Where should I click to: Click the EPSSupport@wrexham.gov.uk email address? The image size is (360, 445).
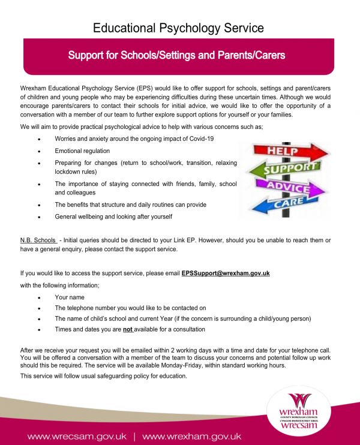coord(226,273)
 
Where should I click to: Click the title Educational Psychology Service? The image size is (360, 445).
coord(179,28)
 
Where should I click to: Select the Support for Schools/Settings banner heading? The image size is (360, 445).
coord(176,56)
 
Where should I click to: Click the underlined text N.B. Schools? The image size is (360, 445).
coord(38,240)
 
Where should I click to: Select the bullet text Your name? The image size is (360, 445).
coord(70,297)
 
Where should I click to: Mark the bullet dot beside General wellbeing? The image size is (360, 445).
coord(39,217)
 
